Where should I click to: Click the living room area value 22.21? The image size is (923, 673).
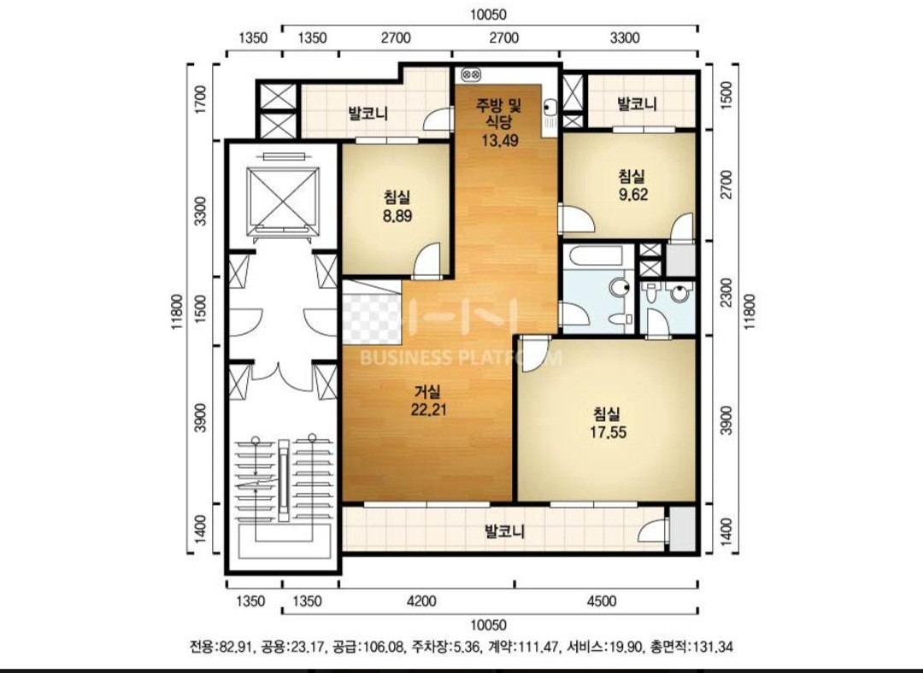(428, 409)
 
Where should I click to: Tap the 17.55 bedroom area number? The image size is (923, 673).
(608, 433)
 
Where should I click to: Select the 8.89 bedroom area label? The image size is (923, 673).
(397, 216)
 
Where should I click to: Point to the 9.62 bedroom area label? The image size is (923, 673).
(632, 195)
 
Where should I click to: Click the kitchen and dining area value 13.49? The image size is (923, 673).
(499, 140)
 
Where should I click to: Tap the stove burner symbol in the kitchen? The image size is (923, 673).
(472, 74)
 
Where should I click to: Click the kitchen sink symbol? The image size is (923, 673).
(550, 108)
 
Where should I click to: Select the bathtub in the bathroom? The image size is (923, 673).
(598, 257)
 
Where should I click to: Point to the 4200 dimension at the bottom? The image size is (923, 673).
(421, 601)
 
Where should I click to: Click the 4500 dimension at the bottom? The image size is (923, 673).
(602, 601)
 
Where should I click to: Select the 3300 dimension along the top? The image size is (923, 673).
(625, 38)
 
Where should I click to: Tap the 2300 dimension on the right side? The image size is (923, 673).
(727, 291)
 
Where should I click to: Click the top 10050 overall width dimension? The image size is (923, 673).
(488, 15)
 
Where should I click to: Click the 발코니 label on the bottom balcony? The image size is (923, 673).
(504, 532)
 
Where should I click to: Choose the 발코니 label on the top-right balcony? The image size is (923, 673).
(637, 104)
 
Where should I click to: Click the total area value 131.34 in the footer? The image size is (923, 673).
(714, 647)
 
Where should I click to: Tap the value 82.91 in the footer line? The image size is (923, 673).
(236, 647)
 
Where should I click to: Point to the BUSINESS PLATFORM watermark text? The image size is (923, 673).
(461, 357)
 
